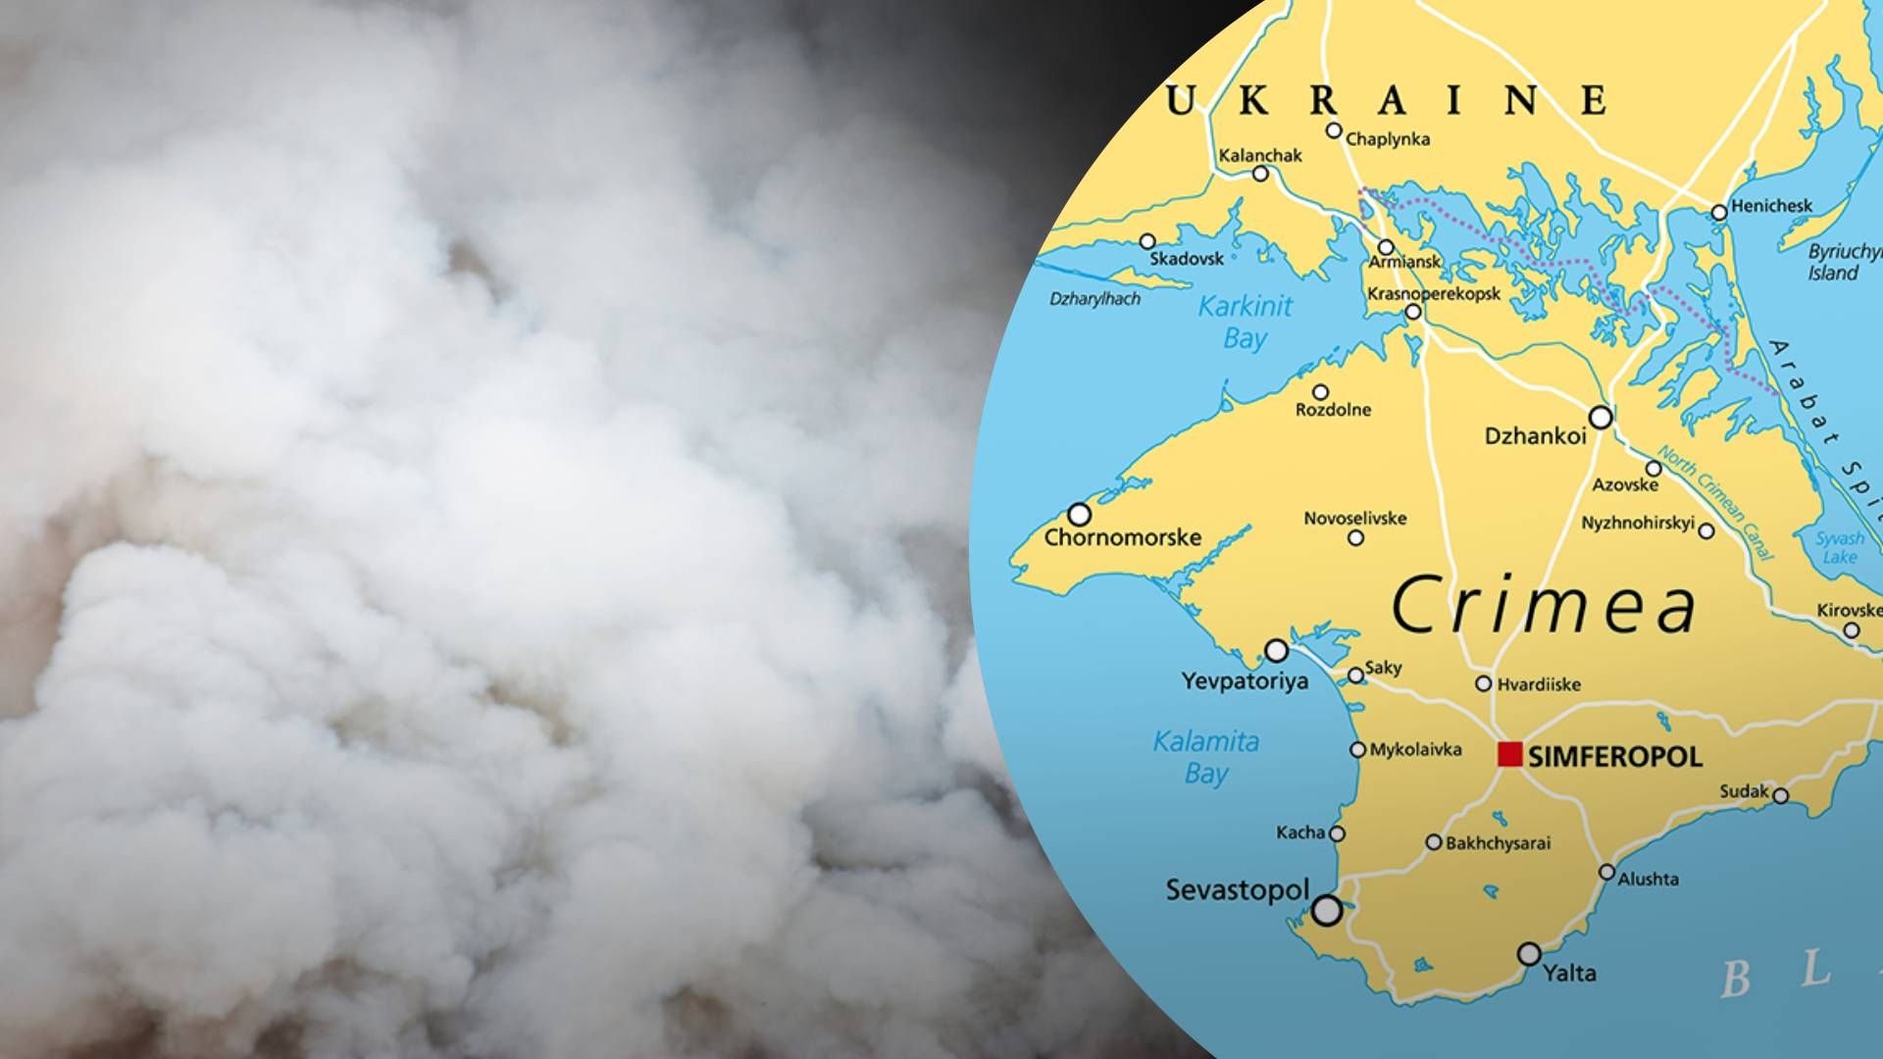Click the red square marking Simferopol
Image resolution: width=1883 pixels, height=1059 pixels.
(x=1510, y=754)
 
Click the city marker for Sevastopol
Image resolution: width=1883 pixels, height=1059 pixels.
(x=1327, y=910)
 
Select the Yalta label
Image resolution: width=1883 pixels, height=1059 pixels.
(x=1569, y=973)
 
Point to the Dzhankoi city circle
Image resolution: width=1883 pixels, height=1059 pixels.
(x=1601, y=418)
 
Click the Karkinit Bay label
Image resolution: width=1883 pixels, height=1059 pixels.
(x=1246, y=322)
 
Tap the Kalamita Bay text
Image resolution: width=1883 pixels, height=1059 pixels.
(x=1205, y=756)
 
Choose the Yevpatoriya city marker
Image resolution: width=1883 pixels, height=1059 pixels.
(x=1276, y=650)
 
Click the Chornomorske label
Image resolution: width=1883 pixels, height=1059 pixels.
(x=1122, y=537)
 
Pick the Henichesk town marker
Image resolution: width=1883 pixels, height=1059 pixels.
(x=1719, y=212)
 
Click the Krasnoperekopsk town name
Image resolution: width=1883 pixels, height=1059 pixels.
(x=1434, y=293)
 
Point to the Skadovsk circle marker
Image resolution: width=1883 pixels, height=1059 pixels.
(x=1147, y=241)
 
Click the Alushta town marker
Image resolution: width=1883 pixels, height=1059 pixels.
(x=1606, y=872)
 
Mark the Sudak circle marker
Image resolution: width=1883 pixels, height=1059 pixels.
(x=1780, y=796)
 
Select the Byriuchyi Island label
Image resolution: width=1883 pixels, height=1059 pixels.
(x=1842, y=262)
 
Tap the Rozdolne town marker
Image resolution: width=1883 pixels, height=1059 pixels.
(x=1321, y=392)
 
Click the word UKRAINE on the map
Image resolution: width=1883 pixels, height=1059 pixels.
(x=1385, y=101)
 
